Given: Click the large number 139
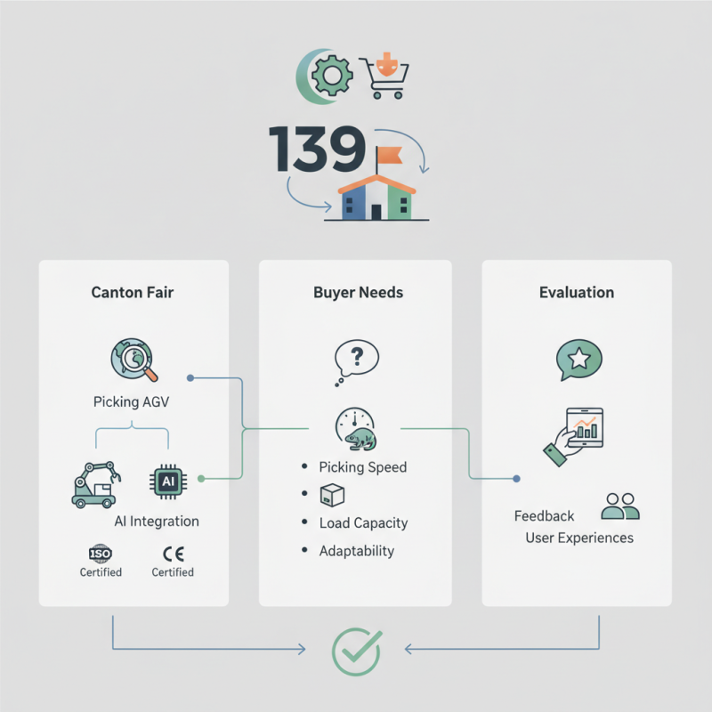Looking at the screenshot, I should click(x=315, y=149).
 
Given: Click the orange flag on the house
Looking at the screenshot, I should click(x=389, y=157).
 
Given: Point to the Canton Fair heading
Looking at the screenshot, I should click(x=133, y=292).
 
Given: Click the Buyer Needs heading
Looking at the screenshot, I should click(x=354, y=292).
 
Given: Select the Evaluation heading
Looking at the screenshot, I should click(x=576, y=292).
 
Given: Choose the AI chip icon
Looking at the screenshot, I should click(x=167, y=481).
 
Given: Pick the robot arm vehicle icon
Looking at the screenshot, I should click(x=97, y=483).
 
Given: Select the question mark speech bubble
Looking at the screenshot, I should click(x=355, y=360).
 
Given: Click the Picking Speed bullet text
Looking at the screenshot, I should click(x=362, y=467).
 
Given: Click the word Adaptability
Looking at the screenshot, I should click(x=356, y=551).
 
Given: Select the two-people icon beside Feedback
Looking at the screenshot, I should click(x=620, y=506).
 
